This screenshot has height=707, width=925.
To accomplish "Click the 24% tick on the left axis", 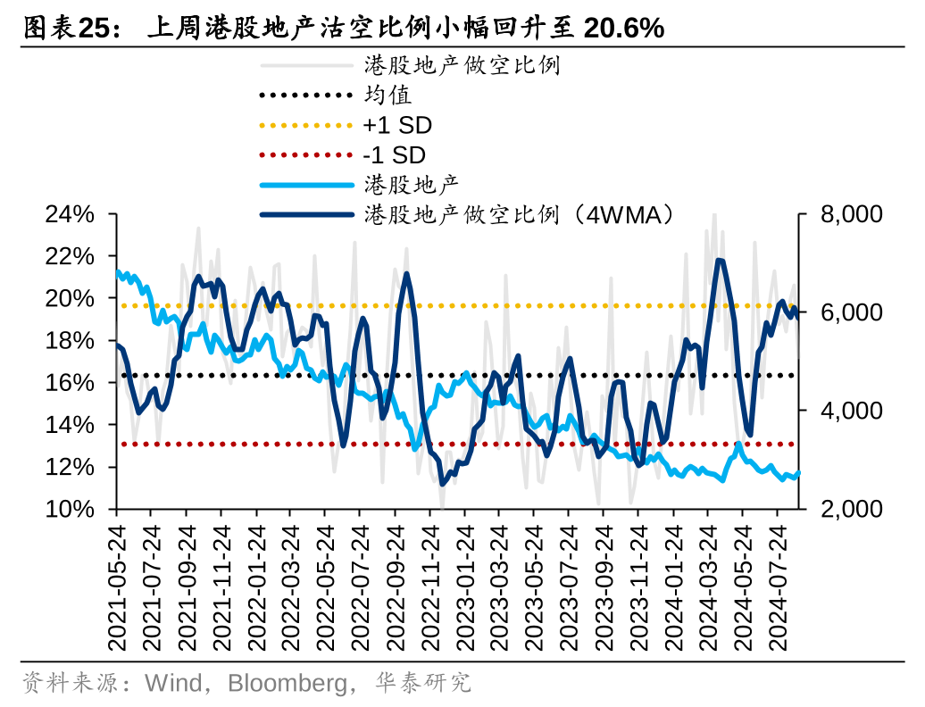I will pyautogui.click(x=71, y=215).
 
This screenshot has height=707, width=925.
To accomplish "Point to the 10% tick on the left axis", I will pyautogui.click(x=71, y=509).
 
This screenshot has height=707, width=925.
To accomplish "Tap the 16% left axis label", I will pyautogui.click(x=71, y=383).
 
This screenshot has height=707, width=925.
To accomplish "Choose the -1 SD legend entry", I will pyautogui.click(x=394, y=155).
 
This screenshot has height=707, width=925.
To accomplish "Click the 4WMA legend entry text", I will pyautogui.click(x=518, y=214).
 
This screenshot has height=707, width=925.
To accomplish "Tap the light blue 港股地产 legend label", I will pyautogui.click(x=411, y=185).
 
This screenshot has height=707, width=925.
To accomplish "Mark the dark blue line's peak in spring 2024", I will pyautogui.click(x=720, y=261).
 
